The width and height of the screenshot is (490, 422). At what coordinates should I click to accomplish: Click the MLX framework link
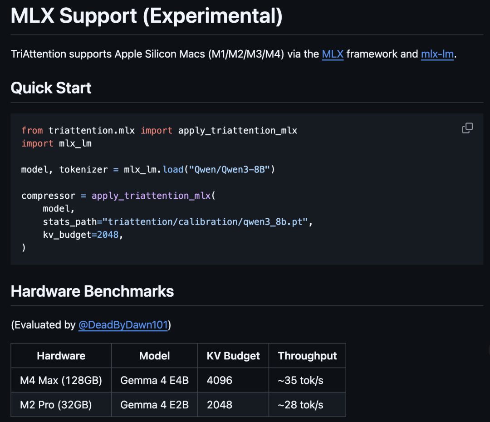333,54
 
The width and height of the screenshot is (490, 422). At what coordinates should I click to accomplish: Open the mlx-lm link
437,54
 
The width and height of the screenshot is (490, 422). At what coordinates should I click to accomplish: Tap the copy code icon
467,128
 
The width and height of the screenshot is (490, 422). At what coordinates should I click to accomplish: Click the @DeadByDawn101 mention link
123,325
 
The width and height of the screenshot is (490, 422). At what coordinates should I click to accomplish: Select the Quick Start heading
51,88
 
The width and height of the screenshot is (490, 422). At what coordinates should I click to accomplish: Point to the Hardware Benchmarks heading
92,291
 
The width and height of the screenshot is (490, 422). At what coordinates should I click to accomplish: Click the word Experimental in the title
212,16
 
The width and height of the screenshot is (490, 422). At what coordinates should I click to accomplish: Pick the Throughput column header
307,356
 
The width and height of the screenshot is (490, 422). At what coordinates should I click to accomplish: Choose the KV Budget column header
233,356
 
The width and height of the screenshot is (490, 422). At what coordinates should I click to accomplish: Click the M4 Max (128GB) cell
61,380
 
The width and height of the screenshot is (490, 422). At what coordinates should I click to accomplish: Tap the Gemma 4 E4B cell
154,380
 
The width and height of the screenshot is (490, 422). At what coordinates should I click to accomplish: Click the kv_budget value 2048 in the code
108,235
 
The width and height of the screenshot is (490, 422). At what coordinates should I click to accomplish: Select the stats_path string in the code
206,221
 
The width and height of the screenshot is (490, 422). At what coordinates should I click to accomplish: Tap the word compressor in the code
49,196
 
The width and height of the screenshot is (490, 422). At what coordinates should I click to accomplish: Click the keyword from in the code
32,130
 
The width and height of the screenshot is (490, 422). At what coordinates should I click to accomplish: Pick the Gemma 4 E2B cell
154,405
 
